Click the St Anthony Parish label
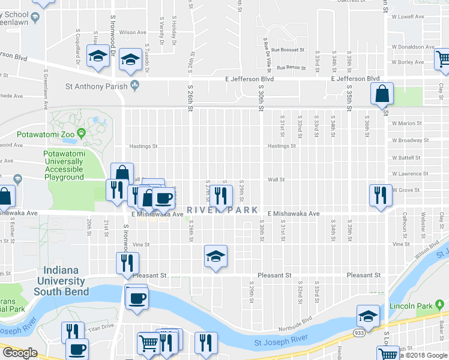click(x=96, y=86)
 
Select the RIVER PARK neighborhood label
click(x=222, y=210)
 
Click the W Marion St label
click(x=406, y=124)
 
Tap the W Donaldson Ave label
click(x=412, y=46)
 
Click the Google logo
click(x=19, y=353)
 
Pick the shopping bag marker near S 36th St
click(x=382, y=94)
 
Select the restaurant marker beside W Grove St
click(x=381, y=195)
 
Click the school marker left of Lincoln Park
click(x=368, y=316)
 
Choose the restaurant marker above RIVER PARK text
click(x=221, y=196)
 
